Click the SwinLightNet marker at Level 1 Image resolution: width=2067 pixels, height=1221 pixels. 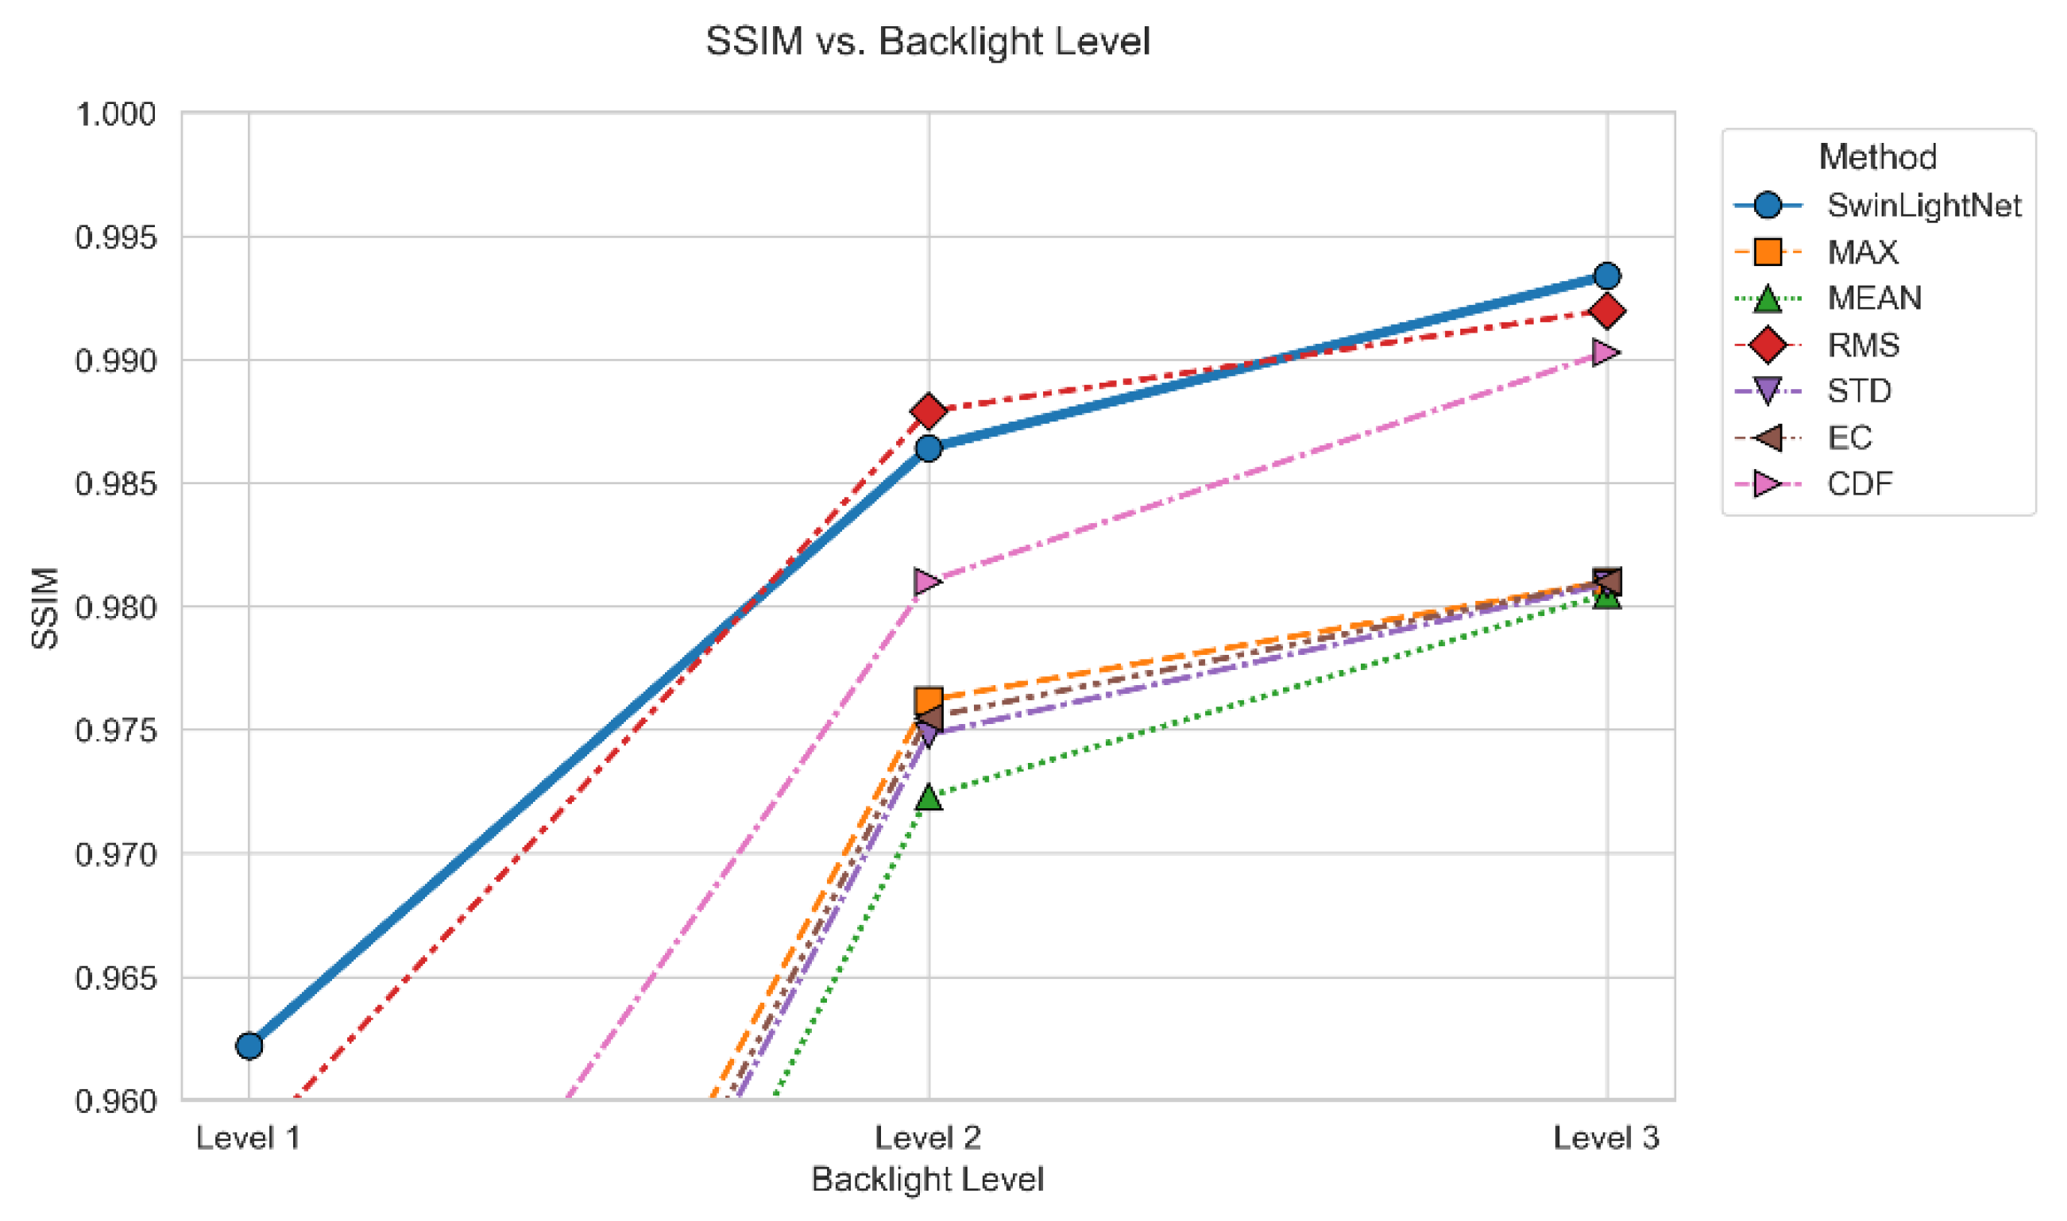click(249, 1046)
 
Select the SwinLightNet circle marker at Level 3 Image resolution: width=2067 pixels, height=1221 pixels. click(1607, 275)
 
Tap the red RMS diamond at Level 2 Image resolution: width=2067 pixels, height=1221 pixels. click(929, 410)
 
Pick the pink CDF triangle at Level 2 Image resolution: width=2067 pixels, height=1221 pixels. click(928, 582)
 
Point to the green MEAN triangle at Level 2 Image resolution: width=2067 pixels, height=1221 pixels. click(929, 796)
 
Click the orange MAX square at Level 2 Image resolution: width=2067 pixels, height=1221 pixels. click(929, 701)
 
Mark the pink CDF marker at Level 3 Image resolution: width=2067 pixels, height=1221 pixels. click(1606, 352)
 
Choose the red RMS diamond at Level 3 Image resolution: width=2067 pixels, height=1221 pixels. click(1607, 311)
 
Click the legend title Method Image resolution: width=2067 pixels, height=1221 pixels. click(1878, 156)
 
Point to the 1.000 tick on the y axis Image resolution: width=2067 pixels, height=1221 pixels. click(115, 114)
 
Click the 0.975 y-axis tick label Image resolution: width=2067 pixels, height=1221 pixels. click(115, 730)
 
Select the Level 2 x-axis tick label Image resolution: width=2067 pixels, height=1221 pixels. click(928, 1138)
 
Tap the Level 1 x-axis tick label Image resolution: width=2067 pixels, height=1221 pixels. click(248, 1138)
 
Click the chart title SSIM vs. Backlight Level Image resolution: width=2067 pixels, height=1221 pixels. click(928, 41)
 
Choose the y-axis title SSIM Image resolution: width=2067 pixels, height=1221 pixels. click(44, 608)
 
